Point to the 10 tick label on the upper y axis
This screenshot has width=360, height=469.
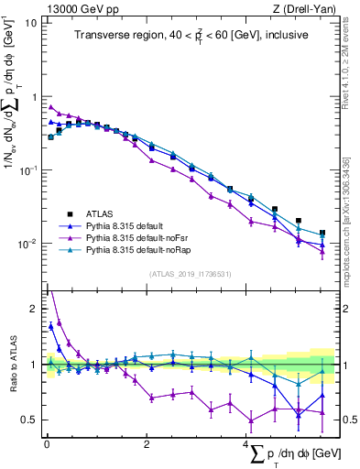click(30, 22)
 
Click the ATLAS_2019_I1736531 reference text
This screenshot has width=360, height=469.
click(189, 274)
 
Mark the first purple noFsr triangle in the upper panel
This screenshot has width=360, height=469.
click(51, 107)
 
